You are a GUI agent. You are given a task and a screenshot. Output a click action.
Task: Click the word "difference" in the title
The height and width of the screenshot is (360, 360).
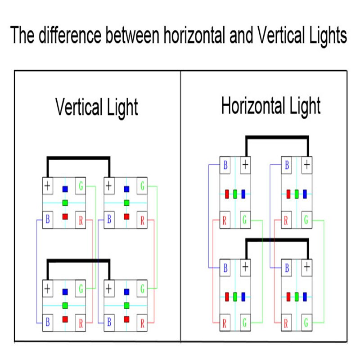67,35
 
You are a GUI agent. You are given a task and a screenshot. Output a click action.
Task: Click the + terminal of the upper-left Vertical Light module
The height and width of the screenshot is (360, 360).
47,185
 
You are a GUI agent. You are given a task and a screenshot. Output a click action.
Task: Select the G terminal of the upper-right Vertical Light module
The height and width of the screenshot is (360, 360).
142,185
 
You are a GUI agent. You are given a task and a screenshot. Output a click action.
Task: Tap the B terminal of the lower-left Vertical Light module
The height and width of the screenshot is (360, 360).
47,322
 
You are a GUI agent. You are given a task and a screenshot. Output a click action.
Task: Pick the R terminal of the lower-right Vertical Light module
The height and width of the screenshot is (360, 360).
142,322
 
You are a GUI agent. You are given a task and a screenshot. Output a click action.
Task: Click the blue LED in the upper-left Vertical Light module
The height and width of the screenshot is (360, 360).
65,189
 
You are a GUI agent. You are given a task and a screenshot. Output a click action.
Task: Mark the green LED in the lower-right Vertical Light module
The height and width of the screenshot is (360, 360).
127,306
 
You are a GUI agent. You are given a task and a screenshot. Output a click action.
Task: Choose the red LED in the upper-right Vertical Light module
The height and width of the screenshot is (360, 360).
127,216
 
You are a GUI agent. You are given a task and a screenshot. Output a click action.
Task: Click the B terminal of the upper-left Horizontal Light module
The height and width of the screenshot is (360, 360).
225,165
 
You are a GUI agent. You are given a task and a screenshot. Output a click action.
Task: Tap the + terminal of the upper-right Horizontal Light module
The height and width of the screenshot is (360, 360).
306,165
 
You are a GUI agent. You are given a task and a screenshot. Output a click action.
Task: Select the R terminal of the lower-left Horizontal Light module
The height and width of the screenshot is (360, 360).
225,323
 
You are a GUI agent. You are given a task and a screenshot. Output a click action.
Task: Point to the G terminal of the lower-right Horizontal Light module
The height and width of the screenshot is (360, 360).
306,323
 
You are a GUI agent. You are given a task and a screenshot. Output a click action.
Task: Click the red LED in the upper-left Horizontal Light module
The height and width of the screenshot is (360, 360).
227,194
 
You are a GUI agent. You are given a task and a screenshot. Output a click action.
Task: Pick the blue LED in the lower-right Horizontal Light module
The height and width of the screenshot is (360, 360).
305,297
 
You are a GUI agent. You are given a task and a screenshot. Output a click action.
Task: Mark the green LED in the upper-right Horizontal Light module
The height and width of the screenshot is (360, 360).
297,194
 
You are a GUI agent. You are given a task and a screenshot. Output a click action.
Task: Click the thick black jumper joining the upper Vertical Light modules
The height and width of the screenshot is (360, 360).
78,158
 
